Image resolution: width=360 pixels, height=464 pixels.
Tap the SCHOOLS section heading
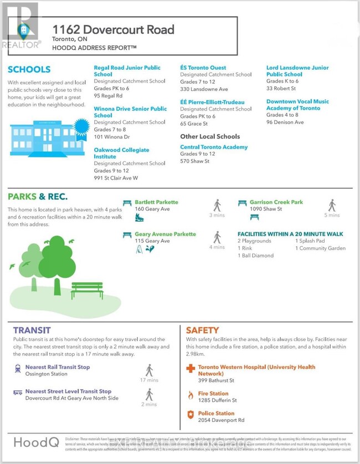tap(29, 69)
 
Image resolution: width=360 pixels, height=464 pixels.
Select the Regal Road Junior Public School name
tap(127, 70)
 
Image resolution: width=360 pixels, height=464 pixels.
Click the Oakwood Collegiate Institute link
tap(121, 153)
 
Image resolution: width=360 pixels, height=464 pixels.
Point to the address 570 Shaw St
tap(195, 161)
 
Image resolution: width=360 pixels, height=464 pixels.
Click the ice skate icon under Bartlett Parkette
tap(139, 217)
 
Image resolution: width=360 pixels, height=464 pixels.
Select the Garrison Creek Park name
tap(276, 202)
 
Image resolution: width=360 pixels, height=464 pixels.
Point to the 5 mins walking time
tap(332, 215)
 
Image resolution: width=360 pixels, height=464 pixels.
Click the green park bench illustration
tap(87, 290)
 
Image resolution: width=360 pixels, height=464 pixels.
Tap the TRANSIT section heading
tap(32, 330)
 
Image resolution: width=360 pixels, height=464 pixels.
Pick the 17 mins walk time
tap(149, 380)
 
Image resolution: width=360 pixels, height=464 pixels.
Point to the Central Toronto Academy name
tap(214, 147)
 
